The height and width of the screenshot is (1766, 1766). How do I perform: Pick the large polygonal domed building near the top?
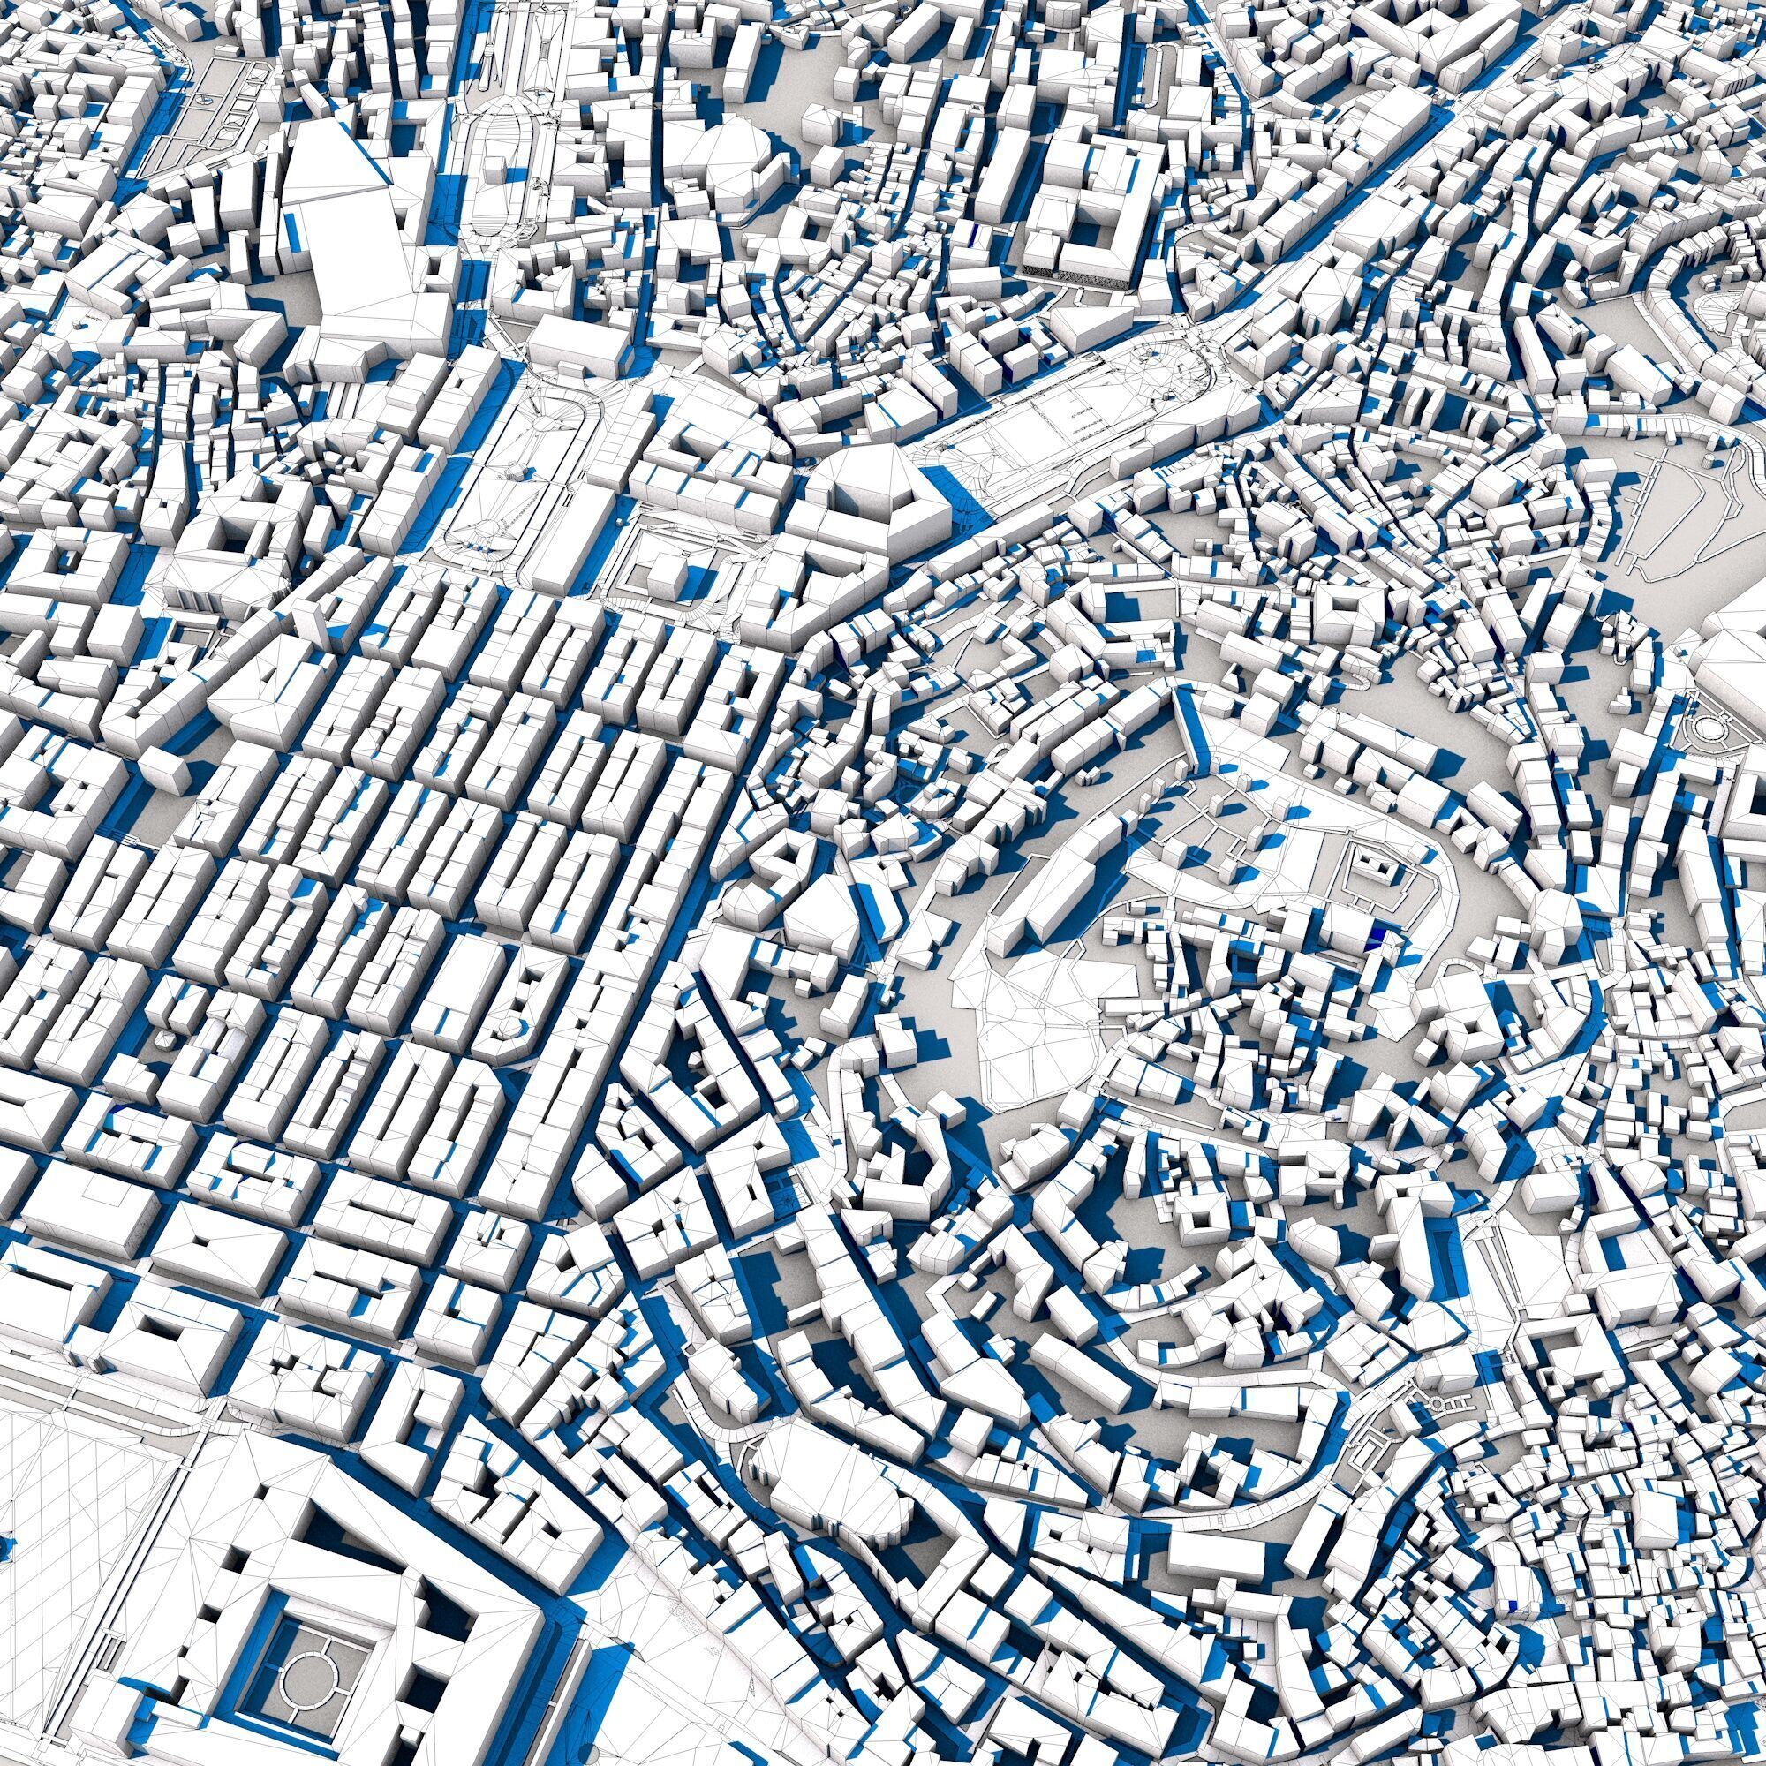pos(741,155)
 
